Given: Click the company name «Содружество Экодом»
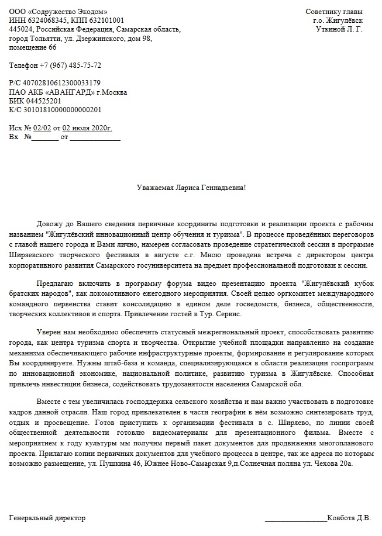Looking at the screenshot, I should pos(69,12).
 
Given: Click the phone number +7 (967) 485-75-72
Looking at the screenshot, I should pos(70,65).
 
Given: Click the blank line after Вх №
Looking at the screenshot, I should pos(45,138).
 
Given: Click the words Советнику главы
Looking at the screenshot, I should pos(333,12).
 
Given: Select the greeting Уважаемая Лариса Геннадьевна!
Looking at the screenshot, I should pos(191,188).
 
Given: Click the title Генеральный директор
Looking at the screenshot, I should pos(47,518).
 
